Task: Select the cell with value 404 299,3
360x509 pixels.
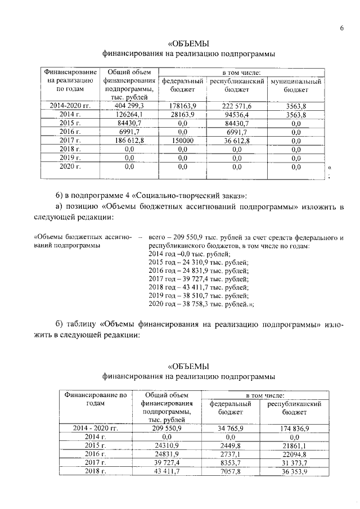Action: (129, 106)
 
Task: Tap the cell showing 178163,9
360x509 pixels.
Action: (182, 106)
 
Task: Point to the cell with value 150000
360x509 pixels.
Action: (182, 140)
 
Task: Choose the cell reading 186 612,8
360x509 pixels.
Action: (129, 140)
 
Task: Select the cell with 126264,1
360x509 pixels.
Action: (129, 114)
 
